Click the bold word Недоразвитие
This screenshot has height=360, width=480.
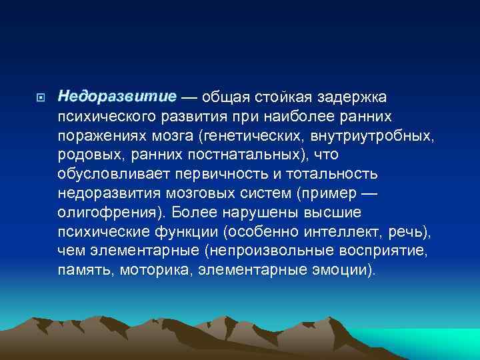tap(117, 97)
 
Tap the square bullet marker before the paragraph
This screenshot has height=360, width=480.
tap(41, 98)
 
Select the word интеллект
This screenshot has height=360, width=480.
tap(346, 233)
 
